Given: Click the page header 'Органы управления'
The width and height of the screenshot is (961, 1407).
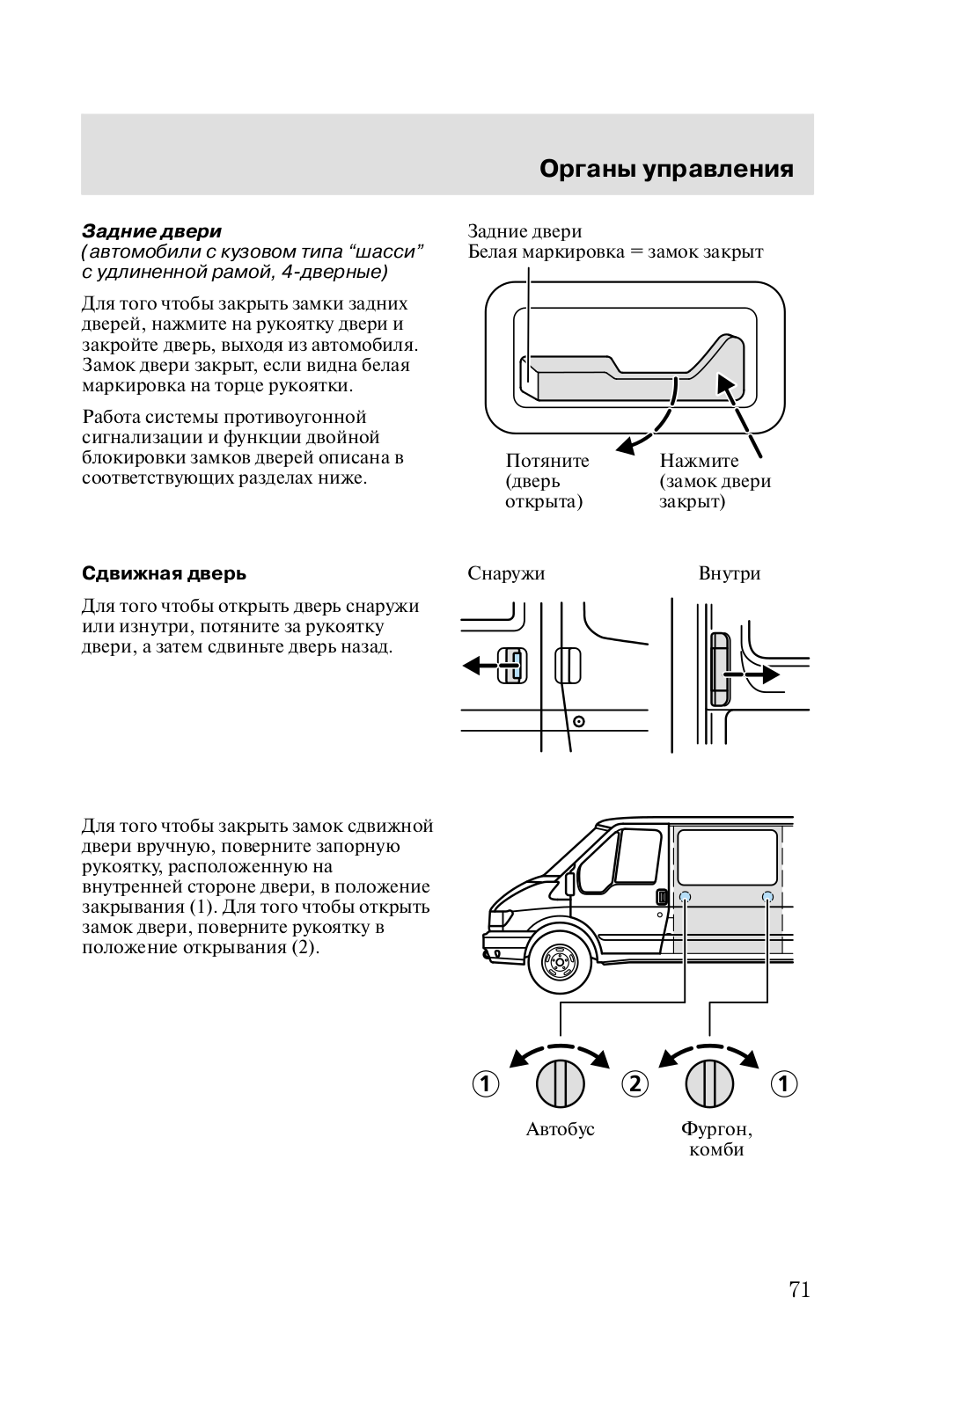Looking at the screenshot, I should click(x=666, y=169).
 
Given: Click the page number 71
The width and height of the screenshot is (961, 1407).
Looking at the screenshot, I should click(x=799, y=1290).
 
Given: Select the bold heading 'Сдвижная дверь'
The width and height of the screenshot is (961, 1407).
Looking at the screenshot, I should click(x=164, y=574).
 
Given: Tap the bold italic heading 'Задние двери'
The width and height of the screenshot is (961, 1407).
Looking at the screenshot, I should click(x=151, y=231).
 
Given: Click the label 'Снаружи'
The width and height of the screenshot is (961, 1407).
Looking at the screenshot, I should click(x=506, y=574).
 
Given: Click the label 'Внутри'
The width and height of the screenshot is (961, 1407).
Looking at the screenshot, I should click(x=730, y=574).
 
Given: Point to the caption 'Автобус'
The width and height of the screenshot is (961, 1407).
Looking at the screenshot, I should click(x=561, y=1129).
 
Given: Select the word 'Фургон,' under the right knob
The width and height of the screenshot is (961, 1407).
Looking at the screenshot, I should click(x=715, y=1129).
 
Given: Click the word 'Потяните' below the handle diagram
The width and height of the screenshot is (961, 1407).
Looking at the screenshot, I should click(x=547, y=461).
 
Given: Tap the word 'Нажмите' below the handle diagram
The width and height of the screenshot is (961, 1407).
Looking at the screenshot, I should click(x=700, y=461).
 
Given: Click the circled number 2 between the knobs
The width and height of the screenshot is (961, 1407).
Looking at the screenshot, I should click(x=635, y=1083).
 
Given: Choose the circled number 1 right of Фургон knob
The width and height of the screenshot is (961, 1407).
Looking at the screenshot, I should click(x=784, y=1083).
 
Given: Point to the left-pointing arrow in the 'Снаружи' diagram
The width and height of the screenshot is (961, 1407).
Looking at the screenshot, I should click(x=481, y=666).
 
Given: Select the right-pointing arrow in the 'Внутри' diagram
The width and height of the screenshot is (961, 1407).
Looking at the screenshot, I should click(x=762, y=674).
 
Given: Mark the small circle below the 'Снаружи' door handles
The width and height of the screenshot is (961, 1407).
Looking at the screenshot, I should click(x=579, y=722).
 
